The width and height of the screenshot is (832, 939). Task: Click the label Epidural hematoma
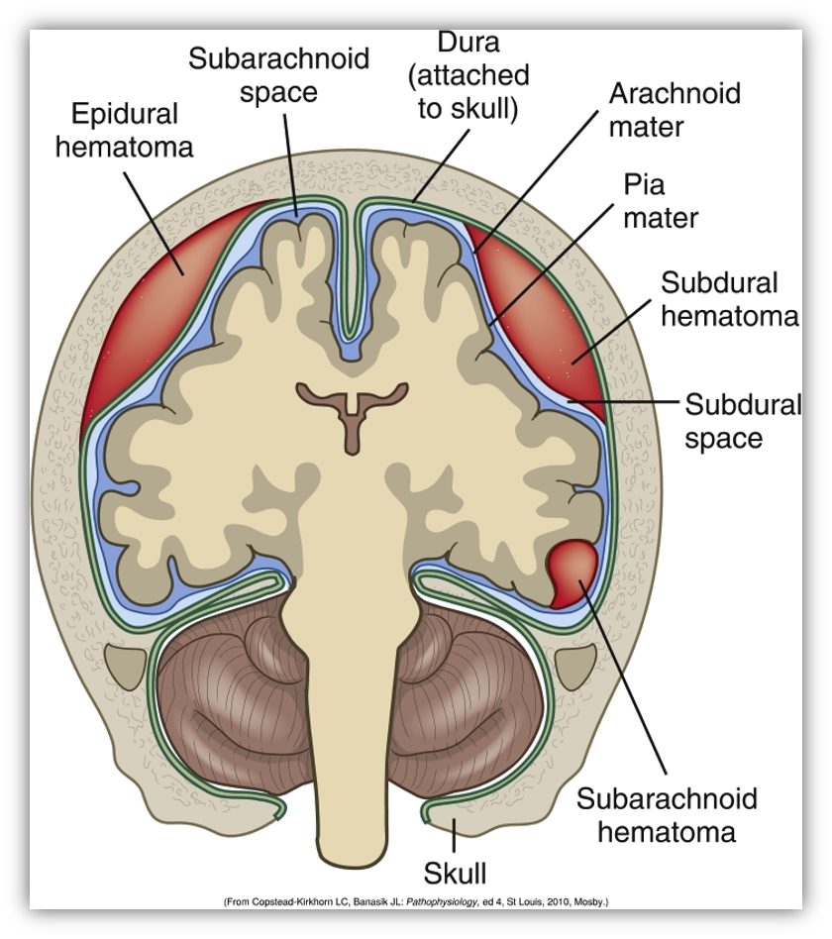click(124, 130)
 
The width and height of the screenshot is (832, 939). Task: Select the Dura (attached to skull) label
click(468, 75)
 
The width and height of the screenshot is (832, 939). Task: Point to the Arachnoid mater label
click(674, 110)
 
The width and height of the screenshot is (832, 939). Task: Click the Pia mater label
click(660, 201)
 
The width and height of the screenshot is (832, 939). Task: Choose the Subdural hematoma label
click(727, 299)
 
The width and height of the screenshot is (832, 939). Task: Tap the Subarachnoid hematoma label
click(667, 814)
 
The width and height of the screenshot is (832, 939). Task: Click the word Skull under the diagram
click(456, 874)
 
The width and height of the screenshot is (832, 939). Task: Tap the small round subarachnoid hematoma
click(572, 572)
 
